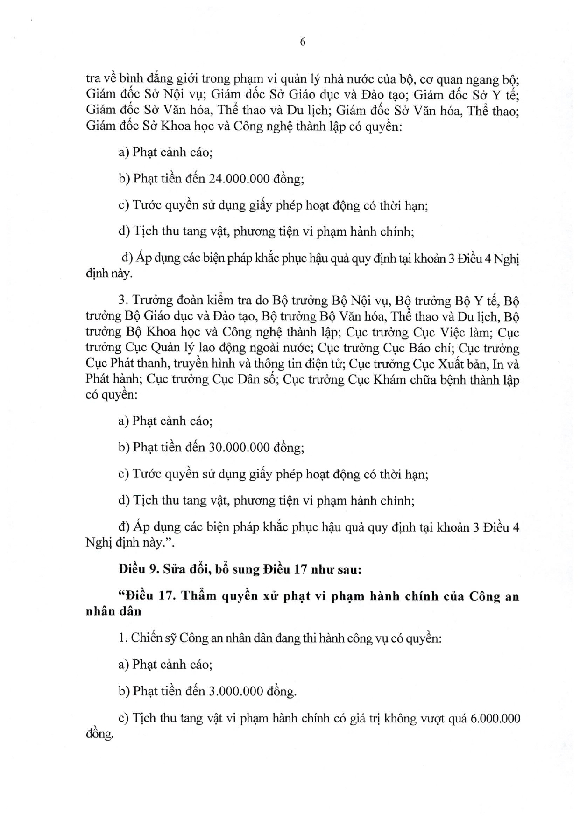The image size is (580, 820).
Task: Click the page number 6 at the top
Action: [303, 42]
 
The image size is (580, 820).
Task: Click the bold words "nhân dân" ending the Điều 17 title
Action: [113, 611]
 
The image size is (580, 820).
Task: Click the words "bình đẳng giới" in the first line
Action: [146, 79]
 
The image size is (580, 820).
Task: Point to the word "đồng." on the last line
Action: [100, 734]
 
